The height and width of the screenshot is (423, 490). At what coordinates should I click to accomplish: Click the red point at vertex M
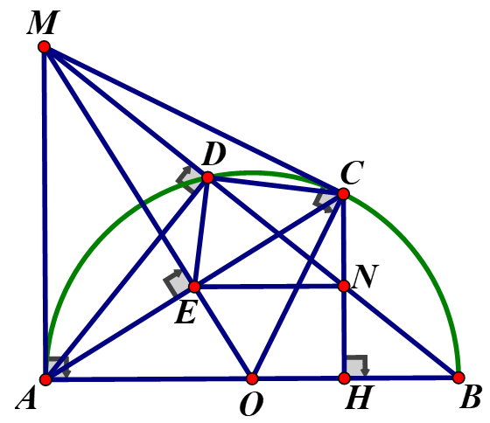[45, 47]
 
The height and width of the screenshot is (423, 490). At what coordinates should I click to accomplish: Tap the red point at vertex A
[45, 379]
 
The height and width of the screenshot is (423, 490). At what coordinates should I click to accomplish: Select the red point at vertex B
[458, 378]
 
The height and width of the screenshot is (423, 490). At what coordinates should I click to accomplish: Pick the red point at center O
[252, 378]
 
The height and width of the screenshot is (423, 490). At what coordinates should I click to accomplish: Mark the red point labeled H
[345, 378]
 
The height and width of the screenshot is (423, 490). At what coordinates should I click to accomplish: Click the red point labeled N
[344, 286]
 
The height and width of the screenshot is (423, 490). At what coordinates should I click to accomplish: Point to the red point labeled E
[194, 287]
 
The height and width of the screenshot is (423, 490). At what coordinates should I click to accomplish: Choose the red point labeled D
[208, 177]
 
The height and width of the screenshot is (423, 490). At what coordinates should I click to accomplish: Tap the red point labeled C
[343, 194]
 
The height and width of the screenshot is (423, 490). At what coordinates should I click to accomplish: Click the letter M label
[42, 23]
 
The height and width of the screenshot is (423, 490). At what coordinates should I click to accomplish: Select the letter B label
[470, 398]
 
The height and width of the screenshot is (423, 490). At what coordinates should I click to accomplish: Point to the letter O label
[252, 404]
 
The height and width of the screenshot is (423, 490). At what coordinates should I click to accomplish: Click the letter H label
[360, 398]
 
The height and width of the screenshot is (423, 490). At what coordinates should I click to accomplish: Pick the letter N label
[366, 276]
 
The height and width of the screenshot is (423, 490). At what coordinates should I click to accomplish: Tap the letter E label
[185, 313]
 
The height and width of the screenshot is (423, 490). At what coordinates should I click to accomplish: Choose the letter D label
[213, 155]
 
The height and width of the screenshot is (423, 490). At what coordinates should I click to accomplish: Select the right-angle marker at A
[59, 367]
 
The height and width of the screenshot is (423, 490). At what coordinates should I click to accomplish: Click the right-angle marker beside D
[188, 179]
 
